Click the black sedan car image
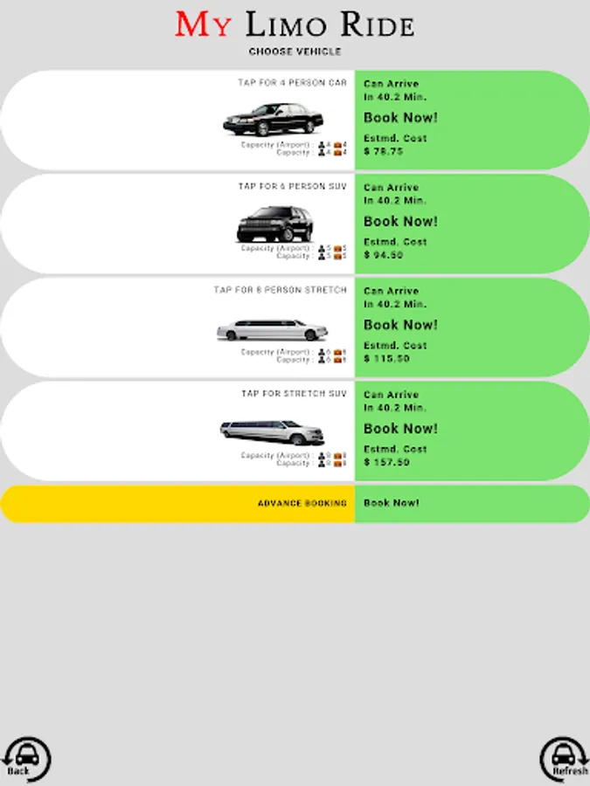pyautogui.click(x=274, y=120)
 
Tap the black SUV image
pyautogui.click(x=274, y=224)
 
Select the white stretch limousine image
pyautogui.click(x=272, y=330)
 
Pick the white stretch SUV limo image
pyautogui.click(x=272, y=431)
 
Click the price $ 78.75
pyautogui.click(x=384, y=151)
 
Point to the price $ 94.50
pyautogui.click(x=384, y=255)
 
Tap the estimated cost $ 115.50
pyautogui.click(x=386, y=358)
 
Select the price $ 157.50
pyautogui.click(x=386, y=462)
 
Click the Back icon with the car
pyautogui.click(x=25, y=758)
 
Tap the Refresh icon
pyautogui.click(x=565, y=758)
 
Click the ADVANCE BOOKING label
pyautogui.click(x=302, y=504)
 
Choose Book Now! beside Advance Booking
pyautogui.click(x=392, y=503)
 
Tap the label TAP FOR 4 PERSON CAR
pyautogui.click(x=292, y=83)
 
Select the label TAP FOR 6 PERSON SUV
pyautogui.click(x=292, y=187)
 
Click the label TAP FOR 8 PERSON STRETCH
pyautogui.click(x=280, y=290)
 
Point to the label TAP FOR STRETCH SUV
pyautogui.click(x=294, y=394)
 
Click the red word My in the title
pyautogui.click(x=204, y=24)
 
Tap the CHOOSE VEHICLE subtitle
pyautogui.click(x=295, y=52)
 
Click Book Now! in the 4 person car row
pyautogui.click(x=400, y=118)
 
